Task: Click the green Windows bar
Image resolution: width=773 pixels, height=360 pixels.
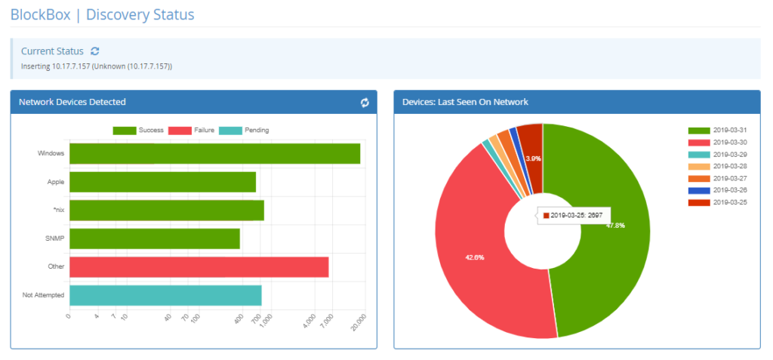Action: tap(214, 153)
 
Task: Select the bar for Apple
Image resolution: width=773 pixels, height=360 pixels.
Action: tap(162, 182)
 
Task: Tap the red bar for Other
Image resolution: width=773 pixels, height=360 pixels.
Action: tap(199, 266)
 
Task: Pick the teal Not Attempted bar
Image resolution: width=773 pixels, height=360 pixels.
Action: tap(165, 295)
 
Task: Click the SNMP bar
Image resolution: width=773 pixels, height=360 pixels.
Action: tap(154, 238)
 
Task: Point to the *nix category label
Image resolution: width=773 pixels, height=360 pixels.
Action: tap(57, 210)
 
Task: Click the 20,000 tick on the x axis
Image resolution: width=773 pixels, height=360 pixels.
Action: tap(357, 322)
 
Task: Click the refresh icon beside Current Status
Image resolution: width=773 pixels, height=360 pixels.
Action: tap(94, 51)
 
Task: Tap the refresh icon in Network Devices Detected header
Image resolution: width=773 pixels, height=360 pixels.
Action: tap(365, 103)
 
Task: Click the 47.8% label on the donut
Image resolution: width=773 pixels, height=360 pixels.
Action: tap(615, 225)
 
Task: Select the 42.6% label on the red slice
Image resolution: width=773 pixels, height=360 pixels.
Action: tap(474, 257)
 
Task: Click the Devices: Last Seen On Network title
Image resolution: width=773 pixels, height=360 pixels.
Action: tap(465, 102)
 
